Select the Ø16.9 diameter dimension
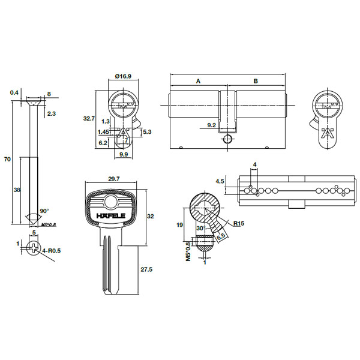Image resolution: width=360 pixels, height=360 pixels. (124, 76)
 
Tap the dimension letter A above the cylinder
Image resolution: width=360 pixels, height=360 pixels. (197, 80)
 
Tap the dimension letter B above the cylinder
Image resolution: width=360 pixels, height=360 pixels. (255, 80)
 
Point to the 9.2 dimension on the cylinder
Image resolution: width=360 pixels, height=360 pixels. (211, 125)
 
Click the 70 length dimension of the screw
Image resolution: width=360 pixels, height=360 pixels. (7, 160)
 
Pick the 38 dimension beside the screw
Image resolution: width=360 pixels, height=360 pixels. (17, 190)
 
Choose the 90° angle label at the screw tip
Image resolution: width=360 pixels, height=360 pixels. (44, 211)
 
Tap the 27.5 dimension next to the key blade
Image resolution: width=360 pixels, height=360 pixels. (146, 270)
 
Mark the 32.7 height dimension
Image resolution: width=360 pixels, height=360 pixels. (89, 119)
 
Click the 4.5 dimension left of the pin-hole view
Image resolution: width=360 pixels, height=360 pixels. (220, 181)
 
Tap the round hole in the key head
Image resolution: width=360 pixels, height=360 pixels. (112, 199)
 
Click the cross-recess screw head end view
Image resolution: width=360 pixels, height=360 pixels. (34, 246)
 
